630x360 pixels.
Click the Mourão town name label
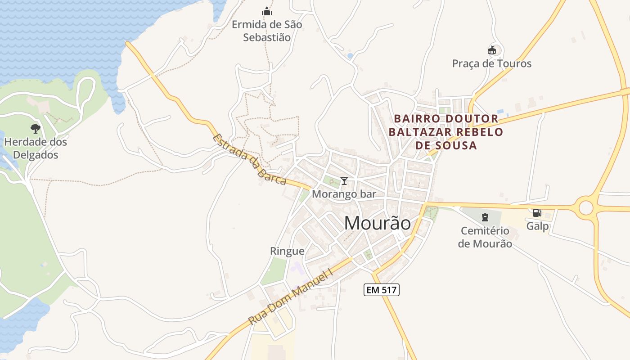377,223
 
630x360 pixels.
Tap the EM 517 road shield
381,290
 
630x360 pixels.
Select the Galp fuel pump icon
537,213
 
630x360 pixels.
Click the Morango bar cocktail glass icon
344,181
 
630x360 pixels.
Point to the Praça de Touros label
491,63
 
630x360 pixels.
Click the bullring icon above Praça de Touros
491,50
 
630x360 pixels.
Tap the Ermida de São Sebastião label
267,31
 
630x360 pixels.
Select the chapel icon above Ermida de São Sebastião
267,11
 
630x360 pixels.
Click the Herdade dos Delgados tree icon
35,129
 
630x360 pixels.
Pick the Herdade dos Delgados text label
36,148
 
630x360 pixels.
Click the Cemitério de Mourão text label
485,237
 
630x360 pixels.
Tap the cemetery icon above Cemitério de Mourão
485,218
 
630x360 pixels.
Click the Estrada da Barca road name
249,160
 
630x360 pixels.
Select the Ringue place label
287,251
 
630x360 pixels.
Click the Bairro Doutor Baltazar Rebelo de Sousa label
446,132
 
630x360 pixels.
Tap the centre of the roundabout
586,207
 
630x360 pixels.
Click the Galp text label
537,226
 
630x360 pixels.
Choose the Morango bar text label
344,194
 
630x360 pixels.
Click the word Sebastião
267,37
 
